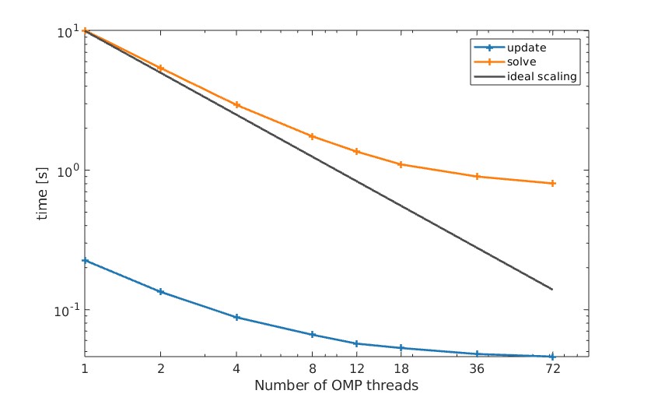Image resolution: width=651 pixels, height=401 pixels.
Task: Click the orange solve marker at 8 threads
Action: click(x=313, y=136)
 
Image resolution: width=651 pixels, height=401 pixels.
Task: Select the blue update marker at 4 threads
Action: click(x=236, y=317)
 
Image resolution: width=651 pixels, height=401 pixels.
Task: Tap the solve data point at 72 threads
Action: click(x=552, y=183)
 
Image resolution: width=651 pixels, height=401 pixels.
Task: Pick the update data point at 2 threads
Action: click(x=161, y=291)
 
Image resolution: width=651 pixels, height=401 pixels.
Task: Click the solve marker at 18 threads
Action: click(x=401, y=164)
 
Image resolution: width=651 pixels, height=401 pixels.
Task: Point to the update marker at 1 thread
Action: click(x=85, y=260)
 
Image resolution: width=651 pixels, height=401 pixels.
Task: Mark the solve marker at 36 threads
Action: click(x=477, y=176)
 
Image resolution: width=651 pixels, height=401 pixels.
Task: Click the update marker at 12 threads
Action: click(x=356, y=343)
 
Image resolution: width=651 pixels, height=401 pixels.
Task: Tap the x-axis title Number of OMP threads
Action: click(x=336, y=385)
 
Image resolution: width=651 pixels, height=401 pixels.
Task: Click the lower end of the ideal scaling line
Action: click(x=552, y=289)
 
